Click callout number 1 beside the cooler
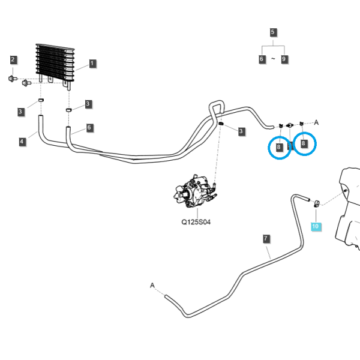click(x=92, y=64)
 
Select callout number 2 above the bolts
click(x=13, y=59)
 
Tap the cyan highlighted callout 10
click(x=316, y=226)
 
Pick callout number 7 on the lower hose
click(x=266, y=239)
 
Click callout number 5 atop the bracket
click(x=273, y=32)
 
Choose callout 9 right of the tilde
click(x=284, y=59)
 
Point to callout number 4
click(x=22, y=142)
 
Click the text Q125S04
click(x=196, y=222)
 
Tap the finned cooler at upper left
click(x=55, y=63)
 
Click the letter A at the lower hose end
click(x=152, y=286)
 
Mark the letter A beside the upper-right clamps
click(x=316, y=122)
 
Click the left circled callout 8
click(x=279, y=147)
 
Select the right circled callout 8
click(x=304, y=143)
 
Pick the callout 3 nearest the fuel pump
click(x=241, y=131)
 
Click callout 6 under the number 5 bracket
click(x=262, y=59)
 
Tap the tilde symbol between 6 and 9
click(x=273, y=59)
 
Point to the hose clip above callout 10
click(x=317, y=203)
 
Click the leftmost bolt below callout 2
click(x=13, y=79)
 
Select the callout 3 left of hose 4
click(x=20, y=112)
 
